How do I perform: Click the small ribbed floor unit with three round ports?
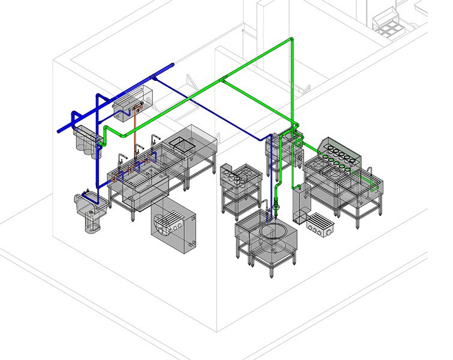click(x=319, y=223)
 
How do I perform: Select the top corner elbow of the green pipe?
click(x=291, y=40)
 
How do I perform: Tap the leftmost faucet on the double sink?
click(x=121, y=160)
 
